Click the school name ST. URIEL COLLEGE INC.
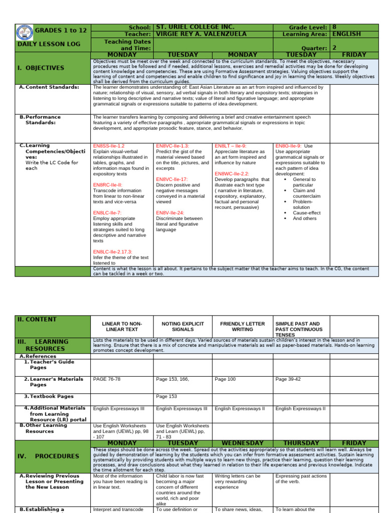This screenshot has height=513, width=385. (195, 27)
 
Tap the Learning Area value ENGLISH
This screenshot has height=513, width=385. (345, 34)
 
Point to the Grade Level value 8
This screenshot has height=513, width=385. (334, 27)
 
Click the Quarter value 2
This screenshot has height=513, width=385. (334, 48)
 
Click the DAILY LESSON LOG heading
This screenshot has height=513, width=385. (49, 44)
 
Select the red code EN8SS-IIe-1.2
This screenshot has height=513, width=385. (109, 146)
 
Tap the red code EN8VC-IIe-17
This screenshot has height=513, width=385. (172, 179)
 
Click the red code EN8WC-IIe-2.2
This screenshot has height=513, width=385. (232, 174)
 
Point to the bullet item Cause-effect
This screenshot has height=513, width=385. (307, 213)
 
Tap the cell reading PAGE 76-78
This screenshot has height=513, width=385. (107, 379)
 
